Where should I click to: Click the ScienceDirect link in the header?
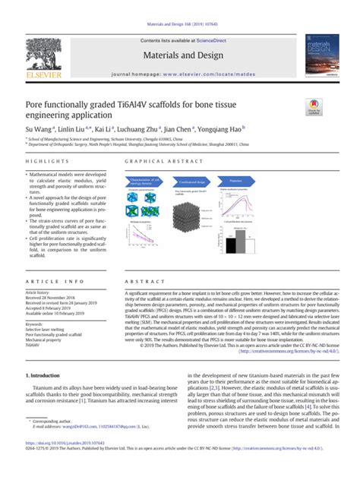[210, 40]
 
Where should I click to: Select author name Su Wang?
[40, 130]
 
